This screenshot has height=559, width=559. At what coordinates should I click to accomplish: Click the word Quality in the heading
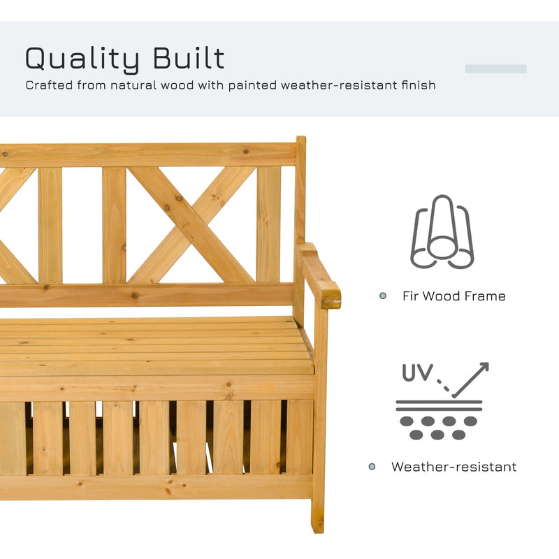[x=79, y=59]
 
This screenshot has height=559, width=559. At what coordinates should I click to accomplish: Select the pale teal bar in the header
[x=495, y=68]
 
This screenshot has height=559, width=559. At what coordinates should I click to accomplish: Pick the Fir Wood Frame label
[x=453, y=296]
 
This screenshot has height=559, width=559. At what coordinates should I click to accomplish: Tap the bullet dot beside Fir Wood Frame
[x=382, y=296]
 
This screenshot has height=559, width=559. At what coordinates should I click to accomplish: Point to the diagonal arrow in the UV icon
[x=470, y=379]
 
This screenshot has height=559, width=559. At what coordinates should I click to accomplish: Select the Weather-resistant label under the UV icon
[x=453, y=467]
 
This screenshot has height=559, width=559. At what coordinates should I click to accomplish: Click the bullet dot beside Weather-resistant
[x=372, y=467]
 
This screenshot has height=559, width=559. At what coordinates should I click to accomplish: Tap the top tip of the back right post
[x=300, y=140]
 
